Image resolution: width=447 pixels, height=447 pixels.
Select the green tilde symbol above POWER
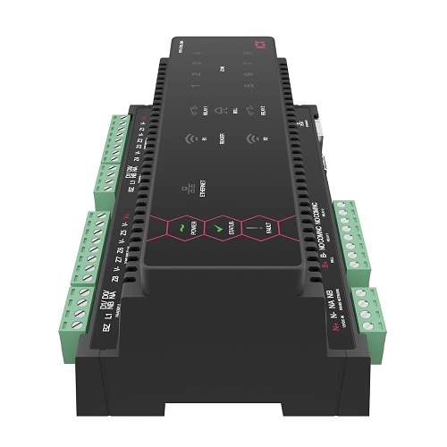coord(182,227)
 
